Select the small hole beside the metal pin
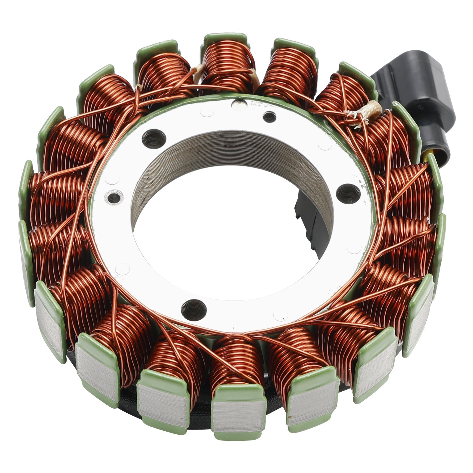[x=269, y=117]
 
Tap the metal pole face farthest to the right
[x=420, y=322]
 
